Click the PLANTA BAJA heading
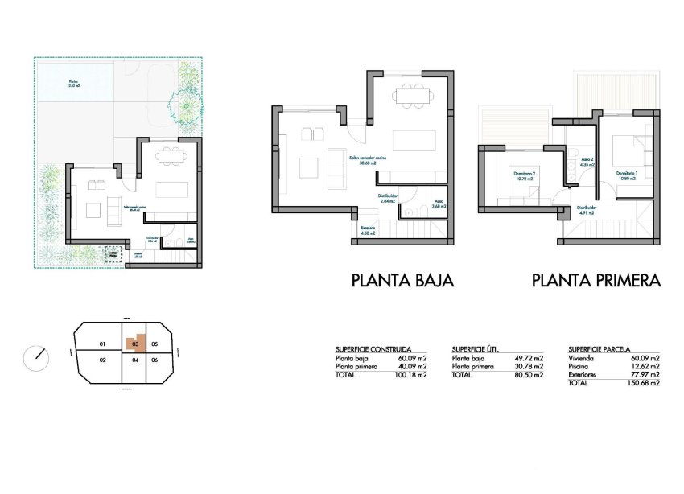[402, 281]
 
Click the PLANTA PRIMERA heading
[595, 281]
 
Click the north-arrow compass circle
[35, 354]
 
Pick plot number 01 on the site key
[102, 344]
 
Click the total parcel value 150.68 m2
[644, 382]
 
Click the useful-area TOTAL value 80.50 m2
[528, 375]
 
